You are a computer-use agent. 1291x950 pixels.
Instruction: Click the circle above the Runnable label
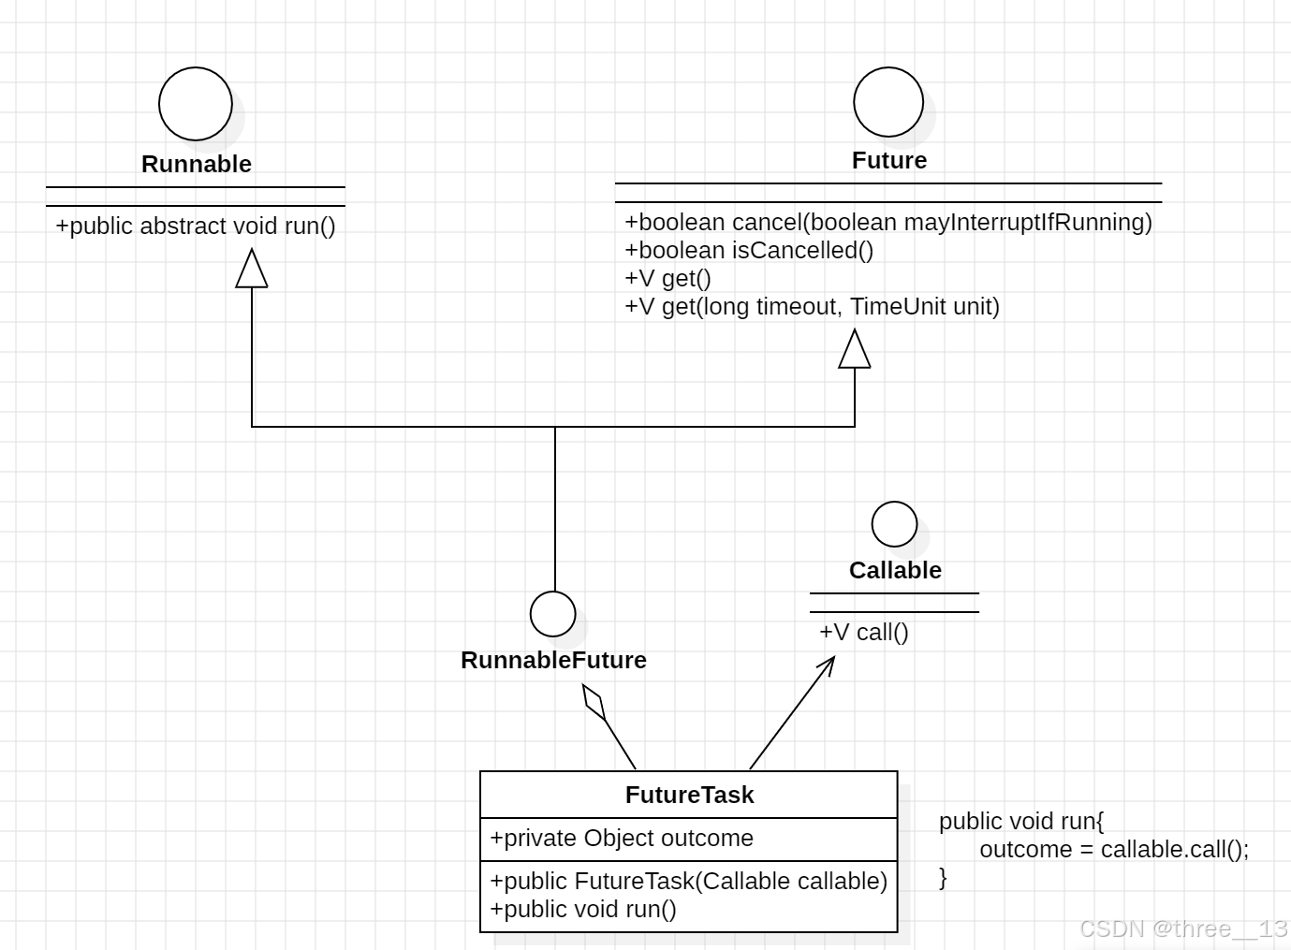[195, 104]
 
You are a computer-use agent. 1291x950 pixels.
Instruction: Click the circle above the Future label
[888, 102]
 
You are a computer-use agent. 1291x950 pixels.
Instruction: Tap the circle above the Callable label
[894, 524]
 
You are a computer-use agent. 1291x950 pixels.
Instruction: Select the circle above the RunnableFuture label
[552, 614]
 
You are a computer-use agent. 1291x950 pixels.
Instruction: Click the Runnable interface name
[197, 164]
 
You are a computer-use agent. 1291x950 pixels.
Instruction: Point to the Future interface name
[888, 160]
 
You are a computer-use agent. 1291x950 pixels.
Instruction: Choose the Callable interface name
[894, 570]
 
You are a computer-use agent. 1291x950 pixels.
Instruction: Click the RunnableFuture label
[553, 660]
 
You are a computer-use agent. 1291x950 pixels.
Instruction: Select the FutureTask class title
[689, 795]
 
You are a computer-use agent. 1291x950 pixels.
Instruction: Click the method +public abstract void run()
[196, 226]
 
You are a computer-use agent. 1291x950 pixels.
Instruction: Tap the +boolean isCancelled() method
[749, 250]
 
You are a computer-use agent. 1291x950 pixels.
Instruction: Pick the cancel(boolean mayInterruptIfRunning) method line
[888, 222]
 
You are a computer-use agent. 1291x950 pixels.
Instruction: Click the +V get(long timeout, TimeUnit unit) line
[812, 306]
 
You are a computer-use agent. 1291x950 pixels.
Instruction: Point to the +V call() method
[863, 632]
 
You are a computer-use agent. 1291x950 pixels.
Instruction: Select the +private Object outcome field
[622, 838]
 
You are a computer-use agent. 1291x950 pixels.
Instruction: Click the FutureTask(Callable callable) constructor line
[688, 881]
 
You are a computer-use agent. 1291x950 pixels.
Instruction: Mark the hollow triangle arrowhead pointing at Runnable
[252, 270]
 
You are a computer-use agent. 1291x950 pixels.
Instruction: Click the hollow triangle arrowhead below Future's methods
[855, 351]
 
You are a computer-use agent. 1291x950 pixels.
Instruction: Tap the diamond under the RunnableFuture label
[594, 702]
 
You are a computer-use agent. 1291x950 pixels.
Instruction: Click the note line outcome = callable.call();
[1114, 849]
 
